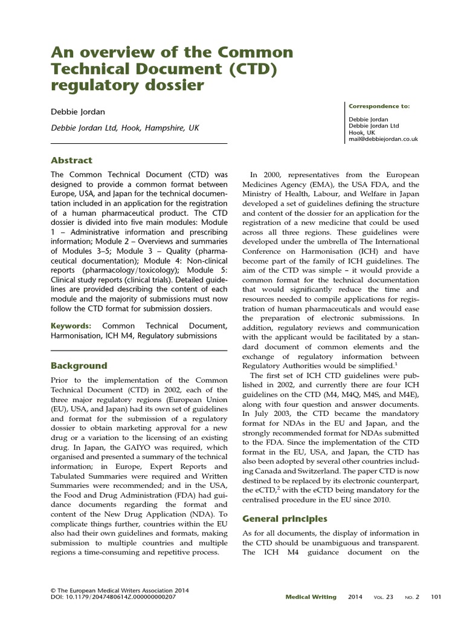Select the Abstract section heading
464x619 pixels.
[71, 160]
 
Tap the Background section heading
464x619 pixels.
[79, 366]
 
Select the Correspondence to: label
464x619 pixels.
[379, 106]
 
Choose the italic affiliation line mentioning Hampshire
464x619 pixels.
[124, 128]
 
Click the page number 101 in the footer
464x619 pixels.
[436, 597]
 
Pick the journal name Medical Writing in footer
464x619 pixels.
[311, 597]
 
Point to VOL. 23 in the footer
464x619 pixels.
[383, 597]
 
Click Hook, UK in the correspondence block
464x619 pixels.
[362, 132]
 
